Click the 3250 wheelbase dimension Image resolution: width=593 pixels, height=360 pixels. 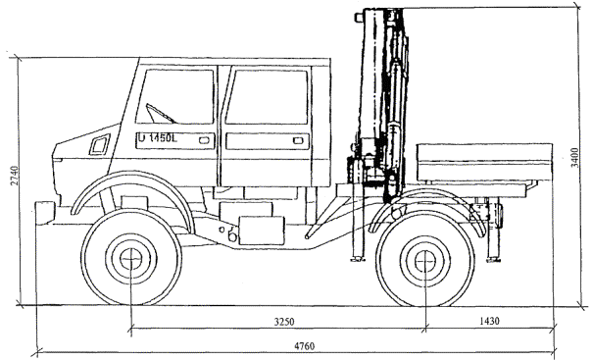[284, 322]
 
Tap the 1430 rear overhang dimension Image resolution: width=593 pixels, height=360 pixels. [489, 321]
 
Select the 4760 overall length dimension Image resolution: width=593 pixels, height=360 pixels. [305, 346]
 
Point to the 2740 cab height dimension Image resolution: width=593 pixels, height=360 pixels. [15, 176]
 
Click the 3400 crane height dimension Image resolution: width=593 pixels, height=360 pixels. [574, 158]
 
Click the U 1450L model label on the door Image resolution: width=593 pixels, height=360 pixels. [158, 138]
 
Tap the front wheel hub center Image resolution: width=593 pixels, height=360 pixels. [131, 259]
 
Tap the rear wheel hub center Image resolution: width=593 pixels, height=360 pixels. [425, 261]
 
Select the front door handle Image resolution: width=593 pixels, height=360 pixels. [204, 140]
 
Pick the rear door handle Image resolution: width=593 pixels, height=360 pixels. [298, 141]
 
